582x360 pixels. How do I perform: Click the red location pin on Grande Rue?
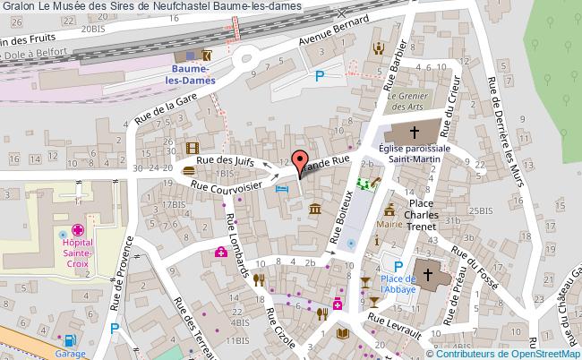tap(299, 161)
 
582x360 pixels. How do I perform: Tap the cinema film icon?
tap(190, 148)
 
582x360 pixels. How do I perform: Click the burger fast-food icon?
tap(189, 169)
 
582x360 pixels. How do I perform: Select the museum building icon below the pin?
tap(315, 210)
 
